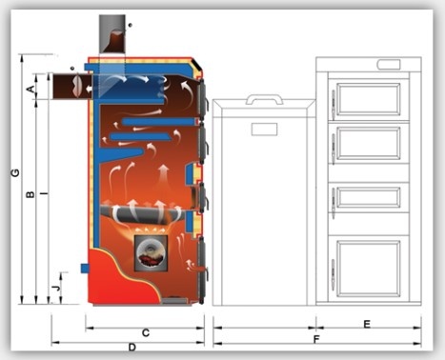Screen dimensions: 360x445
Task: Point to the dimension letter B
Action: coord(30,195)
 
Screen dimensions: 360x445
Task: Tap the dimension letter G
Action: coord(13,173)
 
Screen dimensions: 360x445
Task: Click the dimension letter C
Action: coord(145,332)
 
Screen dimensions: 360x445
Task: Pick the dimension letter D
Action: coord(132,348)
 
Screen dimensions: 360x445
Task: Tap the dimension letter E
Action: coord(367,325)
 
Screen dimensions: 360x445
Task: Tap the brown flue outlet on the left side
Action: coord(72,87)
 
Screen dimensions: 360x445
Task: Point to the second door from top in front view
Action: coord(369,143)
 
